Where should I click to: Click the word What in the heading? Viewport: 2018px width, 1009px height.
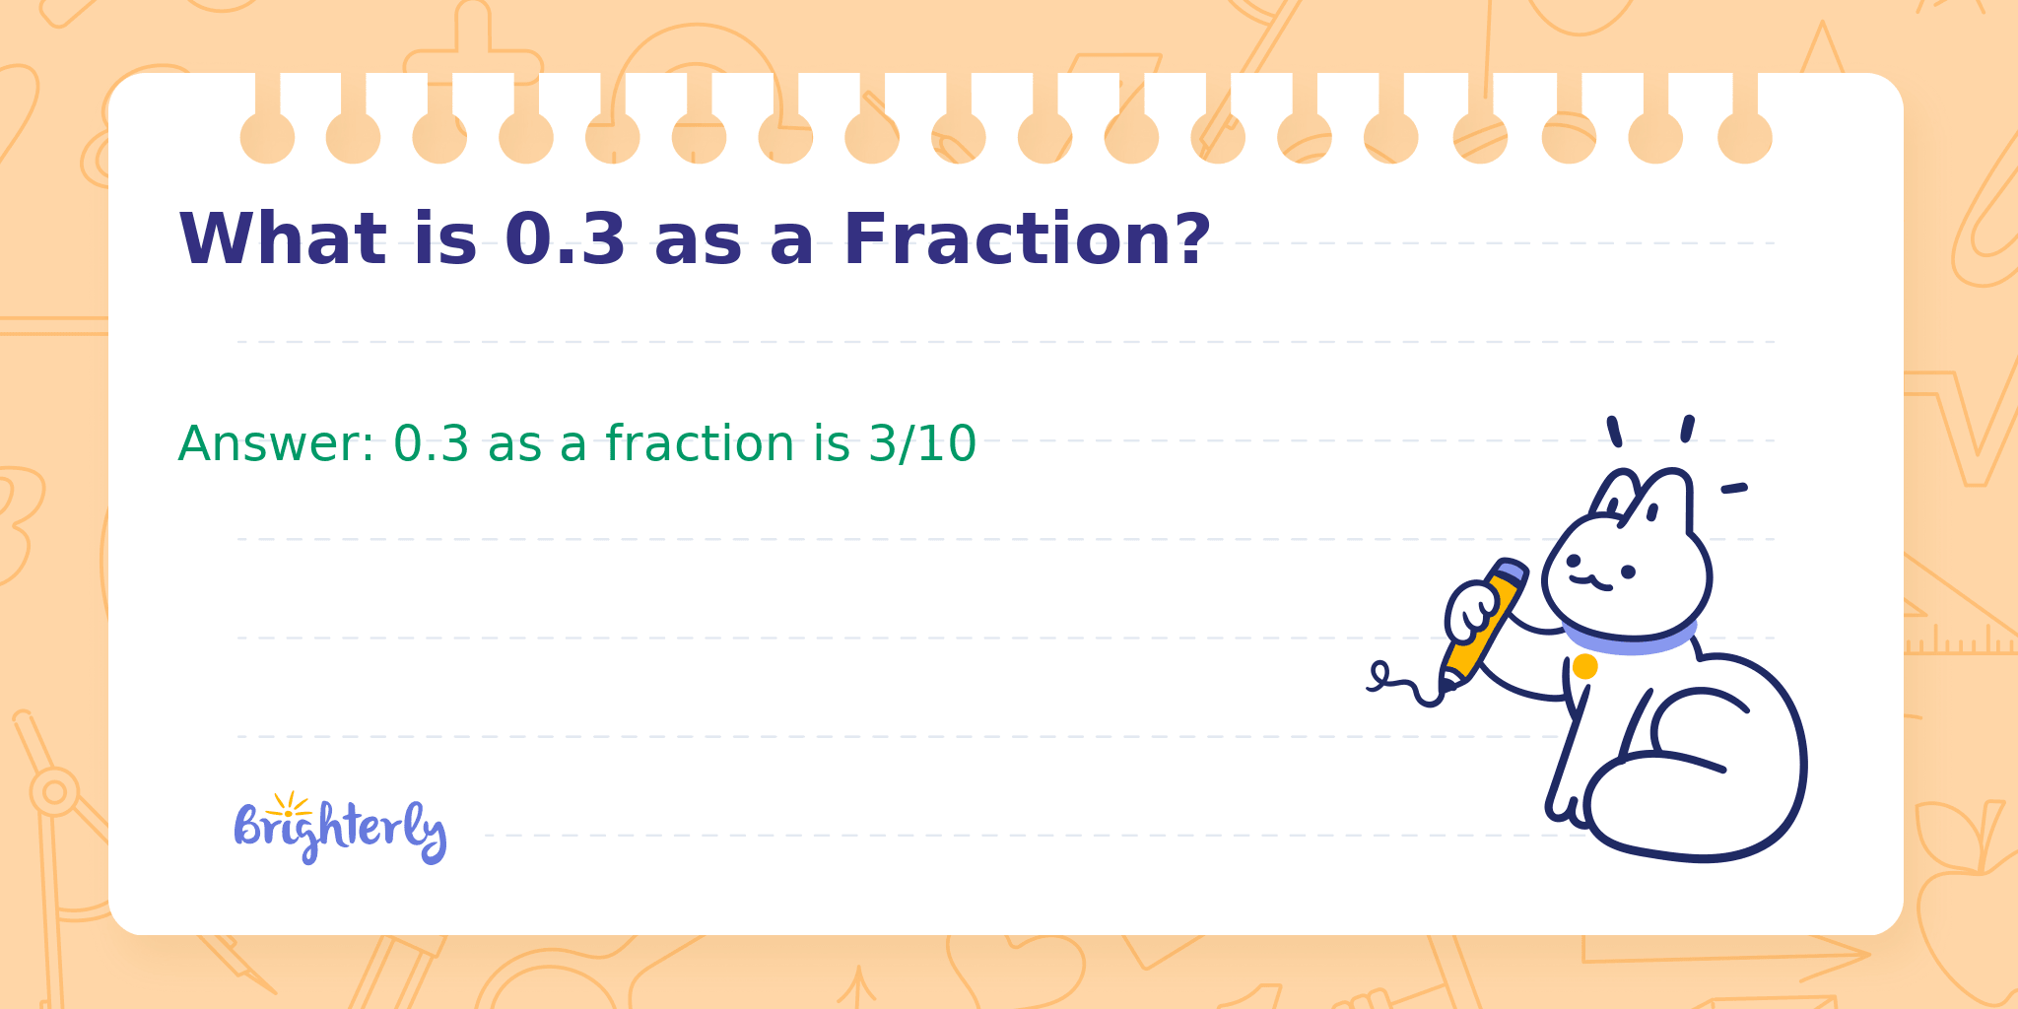tap(283, 239)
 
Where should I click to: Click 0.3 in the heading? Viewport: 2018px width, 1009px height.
tap(565, 239)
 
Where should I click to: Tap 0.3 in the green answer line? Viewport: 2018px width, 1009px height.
tap(432, 443)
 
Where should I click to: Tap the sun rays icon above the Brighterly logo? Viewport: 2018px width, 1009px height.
tap(289, 804)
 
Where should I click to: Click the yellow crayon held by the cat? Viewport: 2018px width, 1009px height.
tap(1484, 623)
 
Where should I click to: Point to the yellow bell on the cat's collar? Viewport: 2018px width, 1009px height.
tap(1584, 666)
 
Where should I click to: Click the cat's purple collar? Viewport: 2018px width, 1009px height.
tap(1630, 636)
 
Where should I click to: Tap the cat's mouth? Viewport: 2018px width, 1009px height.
tap(1590, 582)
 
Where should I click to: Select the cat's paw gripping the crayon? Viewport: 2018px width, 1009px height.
tap(1472, 612)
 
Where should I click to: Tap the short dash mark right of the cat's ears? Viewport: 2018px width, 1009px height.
tap(1734, 488)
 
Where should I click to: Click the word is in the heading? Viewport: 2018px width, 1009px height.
tap(445, 239)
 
